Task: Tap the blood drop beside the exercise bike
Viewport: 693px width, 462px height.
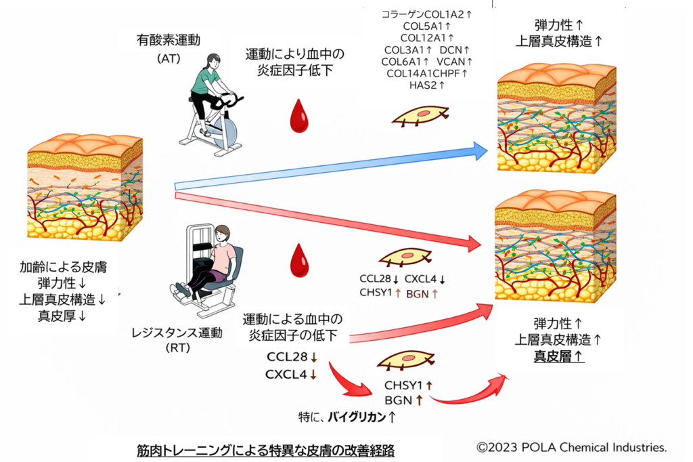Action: click(x=298, y=116)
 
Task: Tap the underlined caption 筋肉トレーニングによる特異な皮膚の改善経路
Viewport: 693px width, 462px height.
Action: click(x=265, y=450)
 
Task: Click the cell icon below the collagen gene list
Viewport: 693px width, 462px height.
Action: click(x=420, y=117)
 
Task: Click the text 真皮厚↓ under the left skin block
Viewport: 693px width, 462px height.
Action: click(x=62, y=315)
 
